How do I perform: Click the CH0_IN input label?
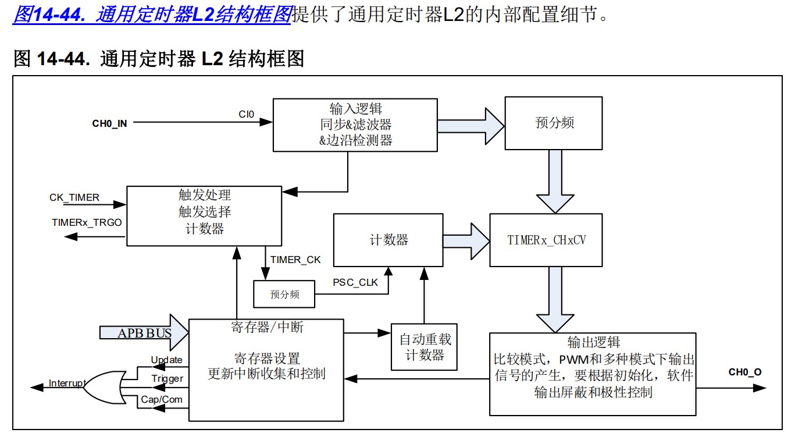[x=109, y=123]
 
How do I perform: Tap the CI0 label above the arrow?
[x=246, y=114]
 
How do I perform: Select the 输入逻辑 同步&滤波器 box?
[x=355, y=125]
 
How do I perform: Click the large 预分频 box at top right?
[x=554, y=123]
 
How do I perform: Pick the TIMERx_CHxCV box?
[x=546, y=240]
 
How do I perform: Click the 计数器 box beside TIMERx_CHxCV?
[x=388, y=240]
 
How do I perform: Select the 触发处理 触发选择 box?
[x=204, y=215]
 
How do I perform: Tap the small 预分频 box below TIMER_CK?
[x=284, y=294]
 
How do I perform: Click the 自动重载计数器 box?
[x=424, y=347]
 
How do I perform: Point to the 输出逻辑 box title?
[x=593, y=342]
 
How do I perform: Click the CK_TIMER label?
[x=74, y=197]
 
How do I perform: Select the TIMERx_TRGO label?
[x=87, y=222]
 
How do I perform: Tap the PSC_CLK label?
[x=355, y=283]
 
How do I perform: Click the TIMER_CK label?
[x=295, y=260]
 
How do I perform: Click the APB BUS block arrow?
[x=144, y=333]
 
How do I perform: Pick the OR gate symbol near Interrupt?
[x=102, y=384]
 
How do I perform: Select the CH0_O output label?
[x=744, y=372]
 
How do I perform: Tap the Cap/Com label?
[x=162, y=399]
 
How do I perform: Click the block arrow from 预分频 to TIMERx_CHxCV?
[x=554, y=180]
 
